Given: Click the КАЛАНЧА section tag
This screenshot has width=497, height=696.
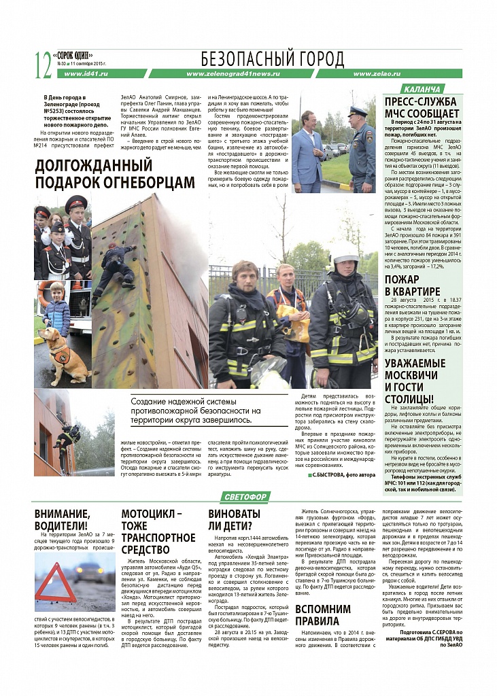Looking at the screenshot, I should (x=422, y=89).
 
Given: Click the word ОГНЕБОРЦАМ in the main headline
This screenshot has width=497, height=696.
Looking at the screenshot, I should (x=141, y=181).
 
